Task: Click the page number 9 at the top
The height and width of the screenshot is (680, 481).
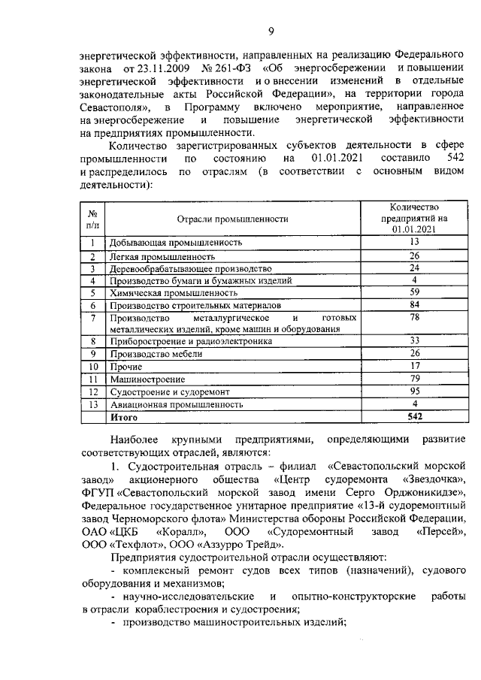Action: (x=271, y=31)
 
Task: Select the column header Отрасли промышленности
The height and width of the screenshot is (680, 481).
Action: (x=233, y=219)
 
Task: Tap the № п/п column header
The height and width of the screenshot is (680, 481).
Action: (x=92, y=219)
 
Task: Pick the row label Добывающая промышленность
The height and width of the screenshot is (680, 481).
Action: (x=175, y=243)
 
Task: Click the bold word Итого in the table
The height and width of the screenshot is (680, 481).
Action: (x=124, y=416)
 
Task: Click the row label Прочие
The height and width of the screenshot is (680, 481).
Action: (x=126, y=367)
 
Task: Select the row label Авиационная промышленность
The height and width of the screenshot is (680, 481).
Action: (x=176, y=404)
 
